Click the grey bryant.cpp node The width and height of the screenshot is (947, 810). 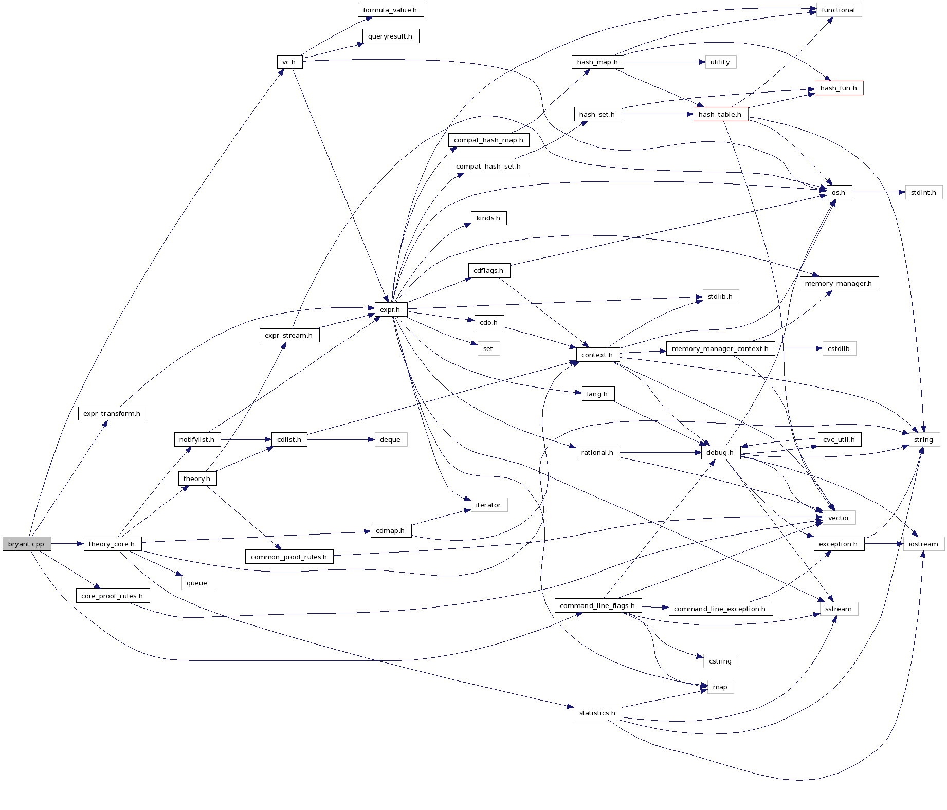point(26,544)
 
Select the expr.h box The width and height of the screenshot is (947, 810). point(390,309)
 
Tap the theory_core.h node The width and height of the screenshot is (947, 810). point(112,544)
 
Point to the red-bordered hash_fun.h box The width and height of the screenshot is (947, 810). point(839,88)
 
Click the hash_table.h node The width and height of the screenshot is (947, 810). point(720,114)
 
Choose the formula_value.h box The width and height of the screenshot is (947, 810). point(390,10)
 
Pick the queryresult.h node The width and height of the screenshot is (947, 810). point(390,36)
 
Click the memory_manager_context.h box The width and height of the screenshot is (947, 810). point(720,348)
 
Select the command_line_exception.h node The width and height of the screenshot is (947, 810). point(720,609)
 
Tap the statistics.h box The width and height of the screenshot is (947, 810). point(597,713)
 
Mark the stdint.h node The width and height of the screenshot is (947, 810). point(923,192)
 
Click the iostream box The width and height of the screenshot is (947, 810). point(923,544)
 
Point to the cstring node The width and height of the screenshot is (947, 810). point(720,661)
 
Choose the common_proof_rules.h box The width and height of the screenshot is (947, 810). point(289,557)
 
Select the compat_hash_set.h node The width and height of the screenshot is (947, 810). point(488,166)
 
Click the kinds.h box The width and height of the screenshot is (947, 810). point(488,218)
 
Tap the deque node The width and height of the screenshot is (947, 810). point(390,439)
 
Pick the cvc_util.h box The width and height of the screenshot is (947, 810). point(839,439)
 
